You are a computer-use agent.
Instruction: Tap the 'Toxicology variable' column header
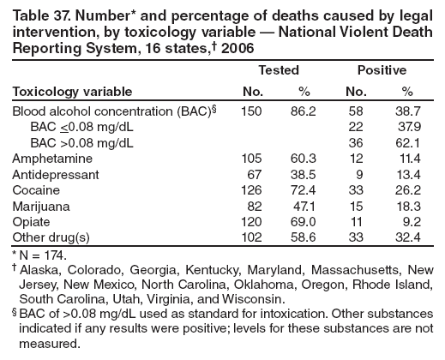click(x=72, y=92)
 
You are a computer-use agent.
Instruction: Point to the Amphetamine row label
click(x=47, y=159)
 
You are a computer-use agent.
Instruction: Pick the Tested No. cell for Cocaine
click(x=250, y=189)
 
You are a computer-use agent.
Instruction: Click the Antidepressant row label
click(x=52, y=174)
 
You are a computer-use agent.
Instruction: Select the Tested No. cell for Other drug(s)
click(x=250, y=236)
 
